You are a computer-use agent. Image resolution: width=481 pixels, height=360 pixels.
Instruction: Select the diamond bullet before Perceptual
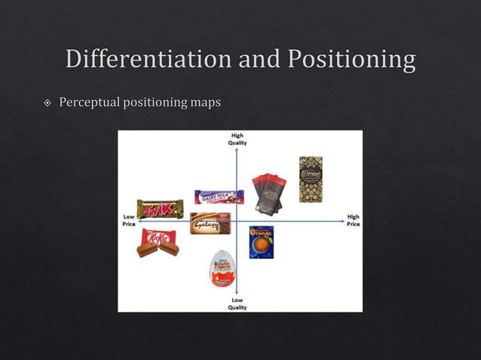click(x=47, y=102)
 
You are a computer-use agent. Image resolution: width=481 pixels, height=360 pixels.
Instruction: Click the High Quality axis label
click(x=237, y=139)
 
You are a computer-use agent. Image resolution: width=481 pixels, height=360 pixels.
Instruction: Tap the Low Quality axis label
click(x=237, y=304)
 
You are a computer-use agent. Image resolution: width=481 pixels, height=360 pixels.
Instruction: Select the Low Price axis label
click(x=129, y=221)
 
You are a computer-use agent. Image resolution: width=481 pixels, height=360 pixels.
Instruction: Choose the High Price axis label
click(x=353, y=221)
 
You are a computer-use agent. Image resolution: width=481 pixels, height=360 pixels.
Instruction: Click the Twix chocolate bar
click(x=160, y=209)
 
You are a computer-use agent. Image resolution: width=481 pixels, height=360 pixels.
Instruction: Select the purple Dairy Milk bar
click(x=219, y=197)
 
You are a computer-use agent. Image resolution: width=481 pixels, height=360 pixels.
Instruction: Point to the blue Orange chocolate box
click(x=262, y=242)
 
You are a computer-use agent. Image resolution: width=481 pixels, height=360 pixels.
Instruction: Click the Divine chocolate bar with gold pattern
click(x=311, y=178)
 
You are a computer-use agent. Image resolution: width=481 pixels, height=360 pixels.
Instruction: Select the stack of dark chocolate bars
click(x=268, y=194)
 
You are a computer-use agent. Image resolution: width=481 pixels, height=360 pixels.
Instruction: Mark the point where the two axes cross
click(x=237, y=221)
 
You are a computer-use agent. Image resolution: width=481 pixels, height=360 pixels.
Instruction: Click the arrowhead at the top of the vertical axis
click(x=237, y=148)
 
